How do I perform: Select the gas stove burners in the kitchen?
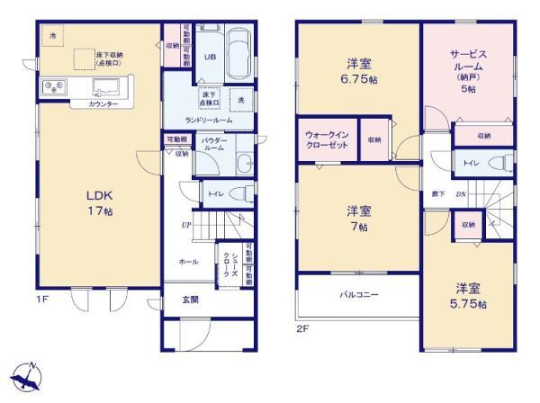pos(49,87)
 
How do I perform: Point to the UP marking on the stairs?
pos(184,225)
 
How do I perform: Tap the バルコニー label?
pos(358,294)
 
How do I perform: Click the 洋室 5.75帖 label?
pos(470,296)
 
